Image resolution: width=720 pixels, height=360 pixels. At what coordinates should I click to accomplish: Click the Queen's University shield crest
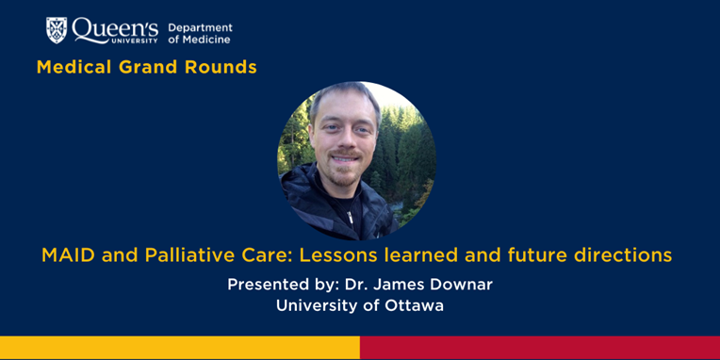57,30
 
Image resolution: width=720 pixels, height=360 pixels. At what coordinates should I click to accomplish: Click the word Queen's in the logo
116,28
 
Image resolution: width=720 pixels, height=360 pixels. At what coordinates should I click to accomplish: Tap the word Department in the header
200,27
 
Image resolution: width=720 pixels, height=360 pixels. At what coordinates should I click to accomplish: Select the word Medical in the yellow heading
74,67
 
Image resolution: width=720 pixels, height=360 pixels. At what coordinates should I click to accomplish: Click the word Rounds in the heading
223,67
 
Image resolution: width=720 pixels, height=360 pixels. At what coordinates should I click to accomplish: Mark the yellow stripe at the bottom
179,348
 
